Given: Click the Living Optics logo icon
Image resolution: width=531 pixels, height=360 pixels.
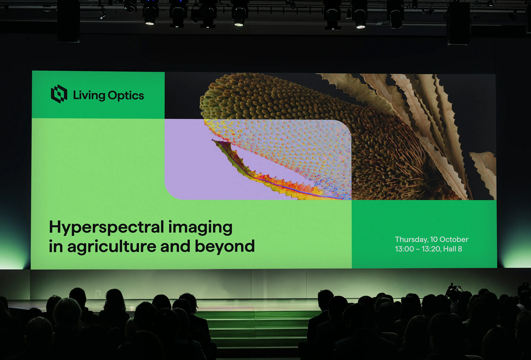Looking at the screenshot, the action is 59,94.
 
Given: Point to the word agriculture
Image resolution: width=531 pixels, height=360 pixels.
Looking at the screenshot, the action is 112,247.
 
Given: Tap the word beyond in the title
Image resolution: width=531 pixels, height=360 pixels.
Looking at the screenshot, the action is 225,247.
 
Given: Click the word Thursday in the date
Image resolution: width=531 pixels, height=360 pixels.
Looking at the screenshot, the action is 412,240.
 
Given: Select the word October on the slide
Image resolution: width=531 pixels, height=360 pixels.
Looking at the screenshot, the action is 454,239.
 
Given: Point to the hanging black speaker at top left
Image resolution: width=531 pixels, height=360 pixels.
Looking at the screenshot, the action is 68,21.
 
